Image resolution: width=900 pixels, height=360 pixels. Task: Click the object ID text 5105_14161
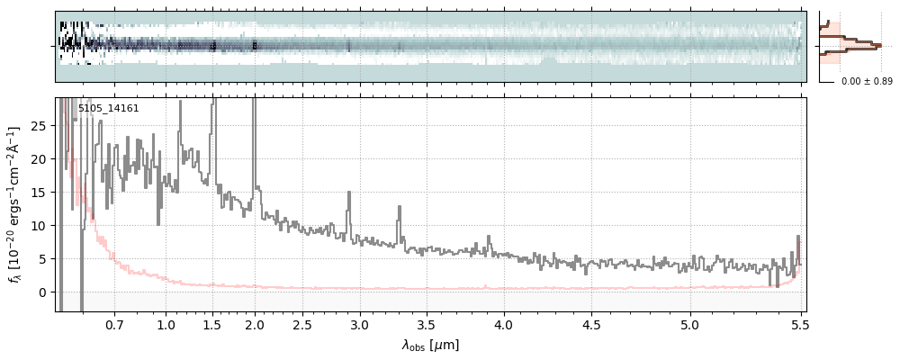coord(108,109)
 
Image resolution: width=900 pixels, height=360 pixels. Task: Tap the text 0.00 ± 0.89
coord(867,82)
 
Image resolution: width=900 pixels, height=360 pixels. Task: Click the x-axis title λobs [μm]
coord(429,345)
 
